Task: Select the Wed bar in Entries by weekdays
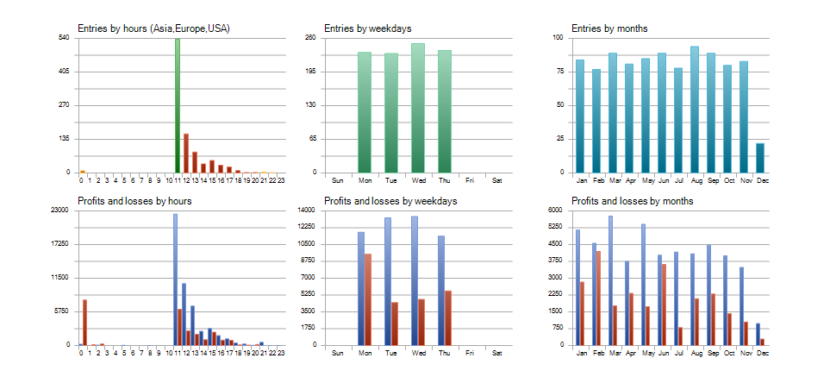(418, 108)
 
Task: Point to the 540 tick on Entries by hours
(64, 38)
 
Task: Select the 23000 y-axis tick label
(61, 210)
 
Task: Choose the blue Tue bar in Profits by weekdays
(388, 281)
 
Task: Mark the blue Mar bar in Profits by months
(610, 280)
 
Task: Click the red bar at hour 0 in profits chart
(84, 322)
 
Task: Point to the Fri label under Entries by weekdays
(470, 180)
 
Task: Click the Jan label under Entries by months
(580, 180)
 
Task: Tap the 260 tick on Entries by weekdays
(310, 38)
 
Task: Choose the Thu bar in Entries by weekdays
(445, 111)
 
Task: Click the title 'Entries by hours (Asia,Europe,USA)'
(153, 28)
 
